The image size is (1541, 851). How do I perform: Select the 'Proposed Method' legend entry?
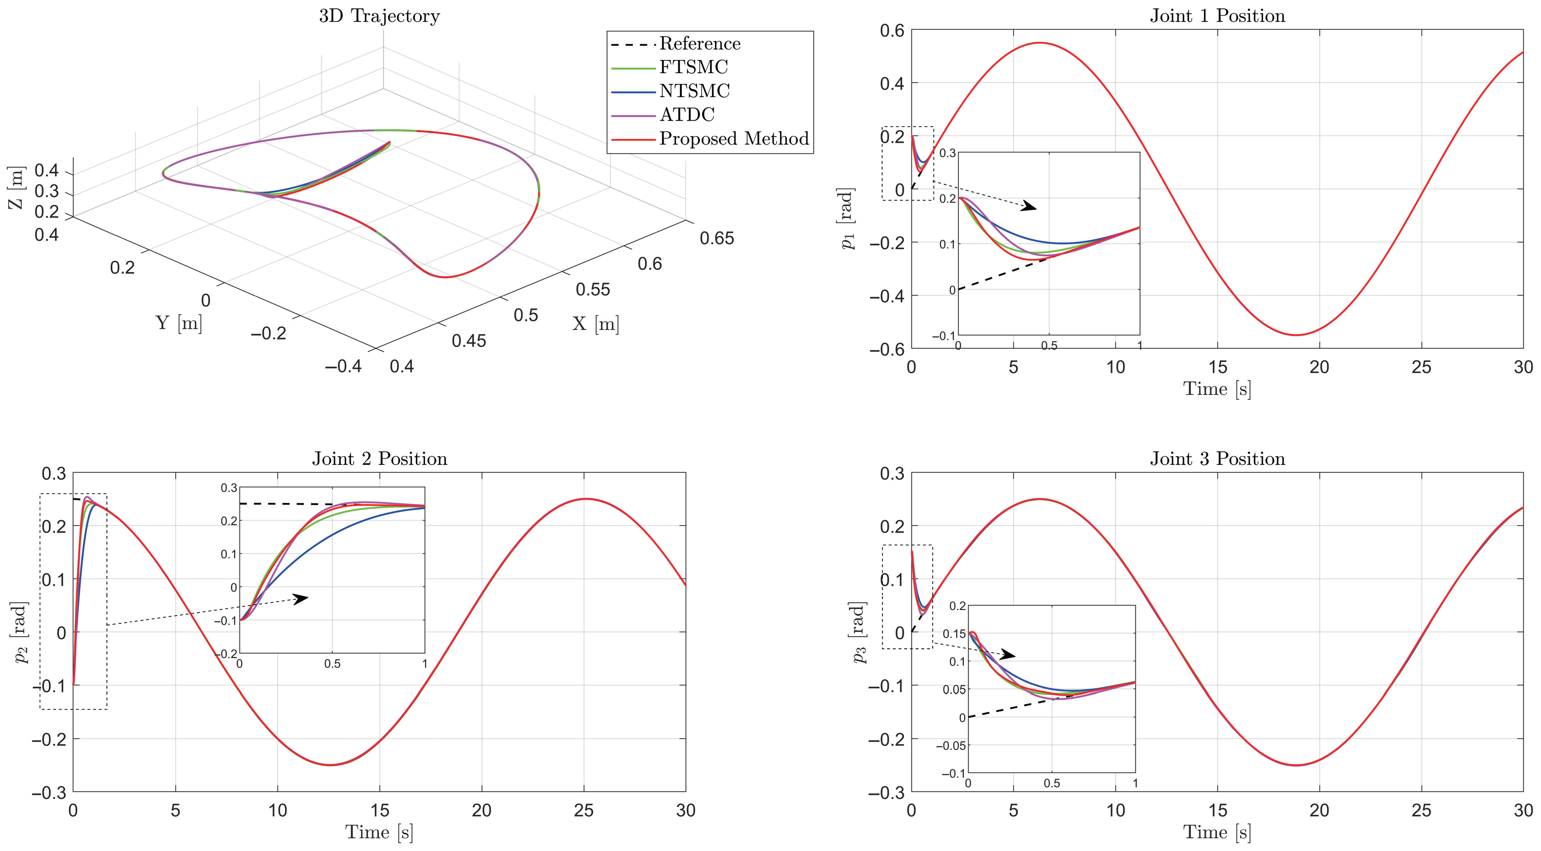click(733, 139)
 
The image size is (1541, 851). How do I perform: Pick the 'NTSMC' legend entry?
click(694, 91)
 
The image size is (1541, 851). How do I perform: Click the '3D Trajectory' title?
click(379, 16)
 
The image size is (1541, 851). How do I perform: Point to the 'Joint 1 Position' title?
click(1217, 16)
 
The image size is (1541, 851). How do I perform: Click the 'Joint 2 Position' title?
click(379, 459)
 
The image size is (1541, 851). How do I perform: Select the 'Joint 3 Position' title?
click(1217, 459)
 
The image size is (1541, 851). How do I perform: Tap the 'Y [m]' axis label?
click(179, 323)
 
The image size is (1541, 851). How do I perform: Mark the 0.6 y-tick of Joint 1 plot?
click(892, 30)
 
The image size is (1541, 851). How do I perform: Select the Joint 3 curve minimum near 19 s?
click(1296, 765)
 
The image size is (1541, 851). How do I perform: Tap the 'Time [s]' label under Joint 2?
click(379, 832)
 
